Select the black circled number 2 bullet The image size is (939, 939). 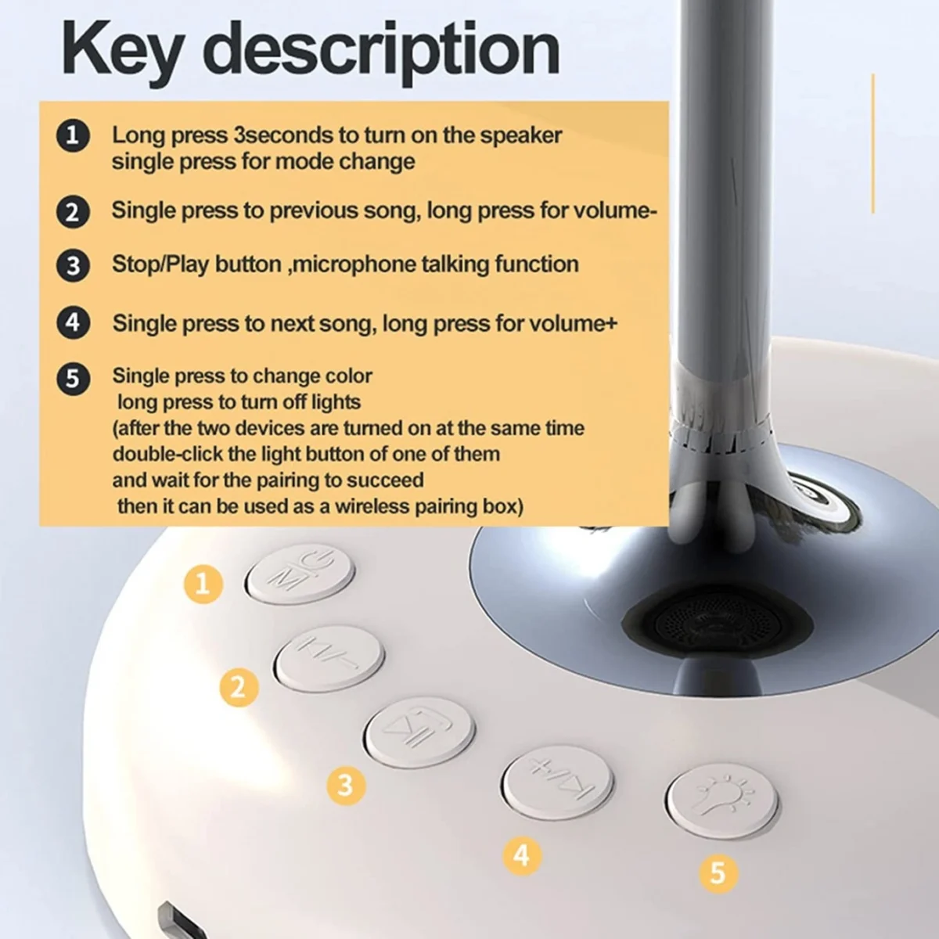point(73,212)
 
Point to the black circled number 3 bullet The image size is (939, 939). point(73,265)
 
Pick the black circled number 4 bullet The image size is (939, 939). point(73,322)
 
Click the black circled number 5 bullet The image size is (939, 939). point(73,379)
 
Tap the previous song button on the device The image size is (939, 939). point(329,659)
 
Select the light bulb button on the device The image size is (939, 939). point(721,800)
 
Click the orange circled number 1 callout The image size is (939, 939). point(203,583)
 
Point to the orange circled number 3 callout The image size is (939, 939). point(346,785)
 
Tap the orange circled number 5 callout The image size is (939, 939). point(718,872)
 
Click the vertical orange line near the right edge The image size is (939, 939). point(872,143)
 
